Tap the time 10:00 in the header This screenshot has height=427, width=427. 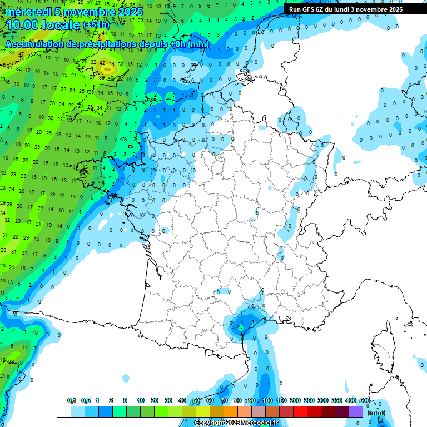click(23, 25)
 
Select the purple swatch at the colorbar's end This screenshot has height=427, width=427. click(356, 411)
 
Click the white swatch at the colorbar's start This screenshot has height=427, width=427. click(63, 411)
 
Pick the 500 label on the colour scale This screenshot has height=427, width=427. click(365, 400)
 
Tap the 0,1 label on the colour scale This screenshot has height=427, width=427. click(72, 400)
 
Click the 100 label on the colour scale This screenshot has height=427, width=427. click(267, 400)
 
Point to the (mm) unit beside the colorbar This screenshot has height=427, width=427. click(376, 413)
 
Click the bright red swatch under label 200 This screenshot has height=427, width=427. click(300, 411)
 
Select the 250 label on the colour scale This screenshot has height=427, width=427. click(309, 400)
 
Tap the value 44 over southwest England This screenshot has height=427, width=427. click(112, 63)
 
